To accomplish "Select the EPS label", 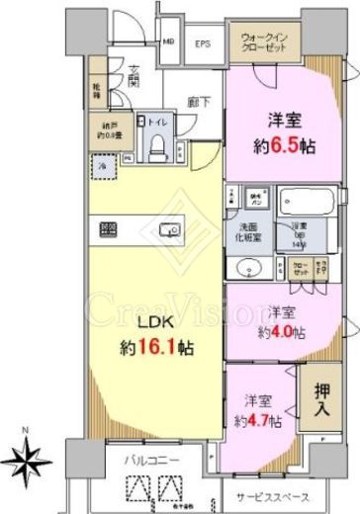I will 201,44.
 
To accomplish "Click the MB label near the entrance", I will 168,43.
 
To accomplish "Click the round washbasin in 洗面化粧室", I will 246,267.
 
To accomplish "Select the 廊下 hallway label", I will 195,101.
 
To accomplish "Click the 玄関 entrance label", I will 132,76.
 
